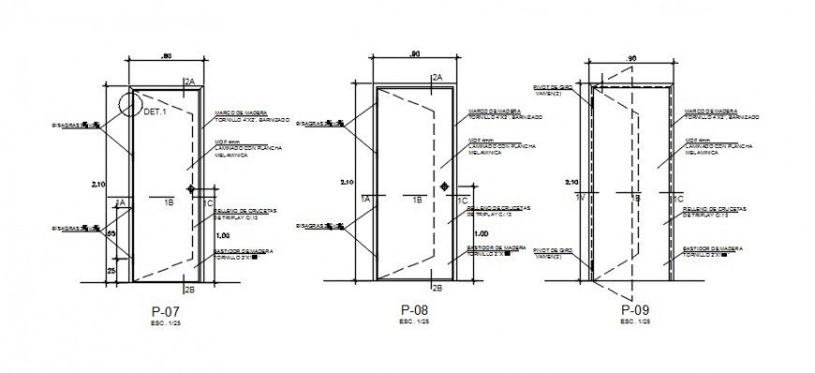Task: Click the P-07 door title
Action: pos(165,310)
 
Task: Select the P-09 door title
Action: pos(634,310)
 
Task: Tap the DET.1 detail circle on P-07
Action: pos(130,102)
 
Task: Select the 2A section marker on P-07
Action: pos(189,83)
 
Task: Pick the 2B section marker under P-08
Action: pos(435,287)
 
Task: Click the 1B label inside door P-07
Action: pos(169,201)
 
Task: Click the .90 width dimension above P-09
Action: pos(630,59)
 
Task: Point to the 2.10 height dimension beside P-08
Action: pos(346,182)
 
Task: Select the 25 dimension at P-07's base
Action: pos(111,270)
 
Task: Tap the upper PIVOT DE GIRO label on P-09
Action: pos(545,86)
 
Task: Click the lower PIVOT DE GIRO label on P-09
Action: pos(545,254)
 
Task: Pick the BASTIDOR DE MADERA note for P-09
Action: pos(712,249)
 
